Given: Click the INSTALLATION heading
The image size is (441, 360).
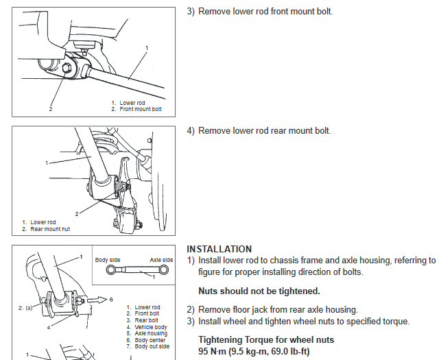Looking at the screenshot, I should point(219,249).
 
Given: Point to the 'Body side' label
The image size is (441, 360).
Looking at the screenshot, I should point(107,261).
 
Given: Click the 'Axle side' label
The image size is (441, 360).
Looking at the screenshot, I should point(161,261).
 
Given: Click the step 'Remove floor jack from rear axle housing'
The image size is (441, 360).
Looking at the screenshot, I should point(278,310).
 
